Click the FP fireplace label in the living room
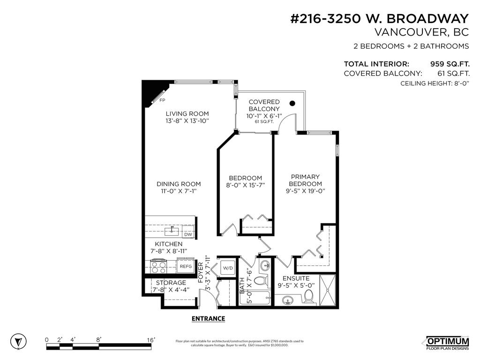(x=162, y=100)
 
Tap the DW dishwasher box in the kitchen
(x=188, y=234)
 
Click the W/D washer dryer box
(x=228, y=268)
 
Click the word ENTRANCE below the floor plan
(x=208, y=319)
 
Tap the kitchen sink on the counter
(x=172, y=231)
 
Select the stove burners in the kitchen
(x=159, y=267)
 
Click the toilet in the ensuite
(x=308, y=296)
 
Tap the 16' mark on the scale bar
(x=151, y=340)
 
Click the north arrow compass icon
(x=18, y=341)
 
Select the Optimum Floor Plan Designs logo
(x=447, y=343)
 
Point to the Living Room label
(x=187, y=113)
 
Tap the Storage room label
(x=171, y=283)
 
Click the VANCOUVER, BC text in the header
(x=421, y=32)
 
